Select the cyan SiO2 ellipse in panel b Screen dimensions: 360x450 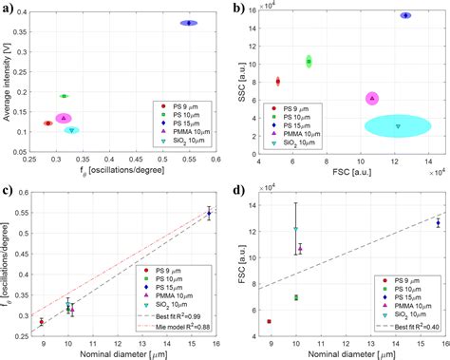click(x=398, y=125)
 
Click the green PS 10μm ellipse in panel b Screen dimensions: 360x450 click(x=309, y=61)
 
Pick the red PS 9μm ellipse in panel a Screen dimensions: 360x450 click(x=48, y=123)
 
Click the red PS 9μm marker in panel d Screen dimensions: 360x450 click(x=271, y=322)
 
